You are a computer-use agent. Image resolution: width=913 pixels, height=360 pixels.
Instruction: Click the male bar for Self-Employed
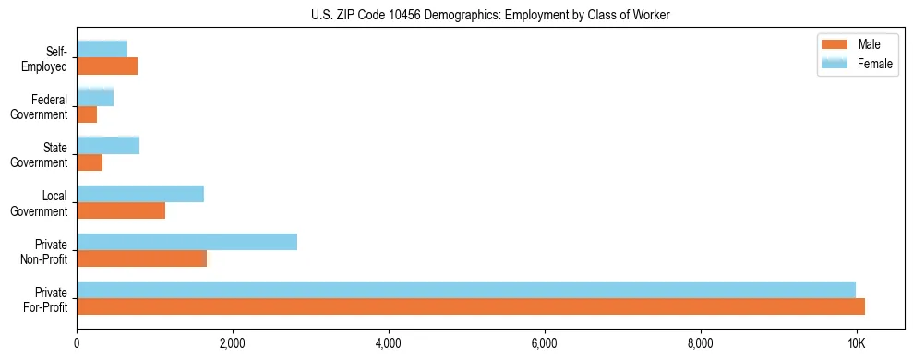click(107, 66)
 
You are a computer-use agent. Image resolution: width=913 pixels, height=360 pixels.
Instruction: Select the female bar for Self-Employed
click(102, 49)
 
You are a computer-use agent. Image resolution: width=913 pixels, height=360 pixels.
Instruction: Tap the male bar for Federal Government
click(87, 114)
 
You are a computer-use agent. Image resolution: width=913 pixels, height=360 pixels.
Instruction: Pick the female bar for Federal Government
click(95, 97)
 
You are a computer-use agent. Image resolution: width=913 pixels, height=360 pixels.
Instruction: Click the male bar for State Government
click(90, 162)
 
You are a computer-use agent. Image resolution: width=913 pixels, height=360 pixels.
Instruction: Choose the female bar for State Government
click(108, 145)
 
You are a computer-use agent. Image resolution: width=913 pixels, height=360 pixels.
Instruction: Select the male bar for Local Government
click(121, 210)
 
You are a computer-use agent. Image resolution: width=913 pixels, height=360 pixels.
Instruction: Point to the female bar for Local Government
click(140, 194)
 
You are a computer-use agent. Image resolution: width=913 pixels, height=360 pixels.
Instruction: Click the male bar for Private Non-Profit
click(141, 258)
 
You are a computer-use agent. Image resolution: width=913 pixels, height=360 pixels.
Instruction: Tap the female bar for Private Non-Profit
click(186, 242)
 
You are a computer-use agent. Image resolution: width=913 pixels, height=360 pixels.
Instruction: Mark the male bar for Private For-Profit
click(471, 306)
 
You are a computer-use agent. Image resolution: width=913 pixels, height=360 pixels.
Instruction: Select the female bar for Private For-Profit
click(466, 290)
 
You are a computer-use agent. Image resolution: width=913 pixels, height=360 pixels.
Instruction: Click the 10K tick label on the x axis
click(857, 343)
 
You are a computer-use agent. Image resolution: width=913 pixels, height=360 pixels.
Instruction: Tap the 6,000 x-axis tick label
click(545, 343)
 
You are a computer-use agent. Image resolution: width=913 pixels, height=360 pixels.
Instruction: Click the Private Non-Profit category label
click(46, 251)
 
